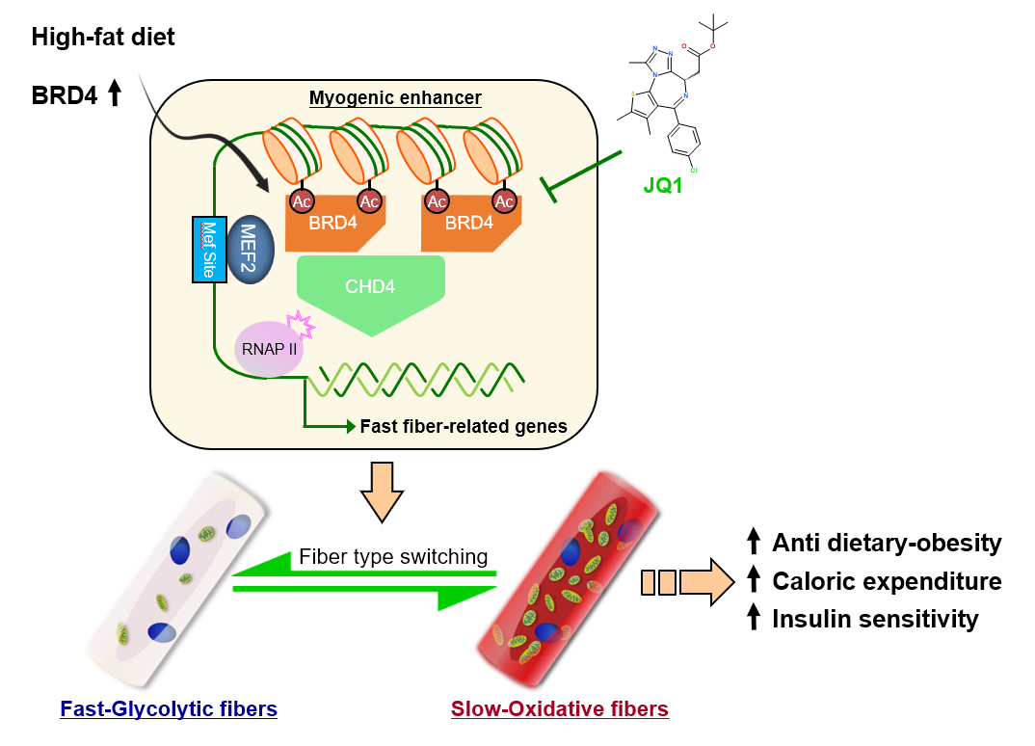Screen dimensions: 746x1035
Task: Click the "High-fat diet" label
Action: tap(103, 38)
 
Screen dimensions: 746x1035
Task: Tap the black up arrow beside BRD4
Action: tap(115, 93)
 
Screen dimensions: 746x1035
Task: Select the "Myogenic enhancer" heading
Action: tap(395, 98)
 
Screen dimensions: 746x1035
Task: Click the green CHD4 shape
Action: tap(371, 290)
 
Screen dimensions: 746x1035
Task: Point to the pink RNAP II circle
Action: tap(267, 348)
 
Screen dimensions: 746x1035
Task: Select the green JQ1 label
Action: tap(663, 185)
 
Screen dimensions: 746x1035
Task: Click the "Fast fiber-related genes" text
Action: tap(464, 426)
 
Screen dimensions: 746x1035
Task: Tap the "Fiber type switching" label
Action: tap(393, 556)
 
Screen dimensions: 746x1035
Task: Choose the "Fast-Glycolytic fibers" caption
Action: tap(169, 709)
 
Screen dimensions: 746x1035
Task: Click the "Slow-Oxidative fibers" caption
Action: tap(560, 709)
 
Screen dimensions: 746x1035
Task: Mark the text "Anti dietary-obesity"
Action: tap(887, 544)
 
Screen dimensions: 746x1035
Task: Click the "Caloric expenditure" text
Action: tap(887, 581)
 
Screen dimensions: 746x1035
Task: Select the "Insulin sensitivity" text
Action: tap(875, 619)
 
